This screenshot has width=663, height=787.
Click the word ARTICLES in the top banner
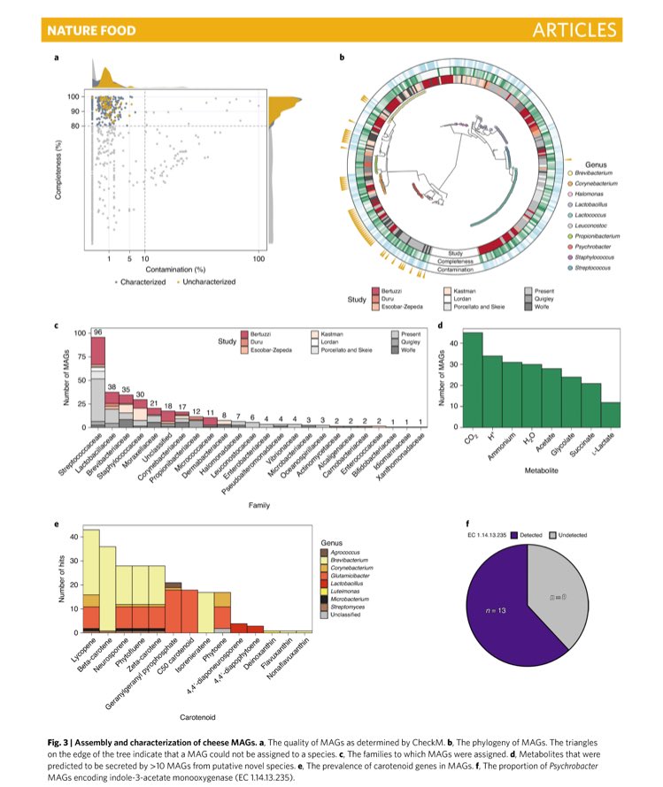click(574, 31)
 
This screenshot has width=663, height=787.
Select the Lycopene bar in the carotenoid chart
click(90, 584)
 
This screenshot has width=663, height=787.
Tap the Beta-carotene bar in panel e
click(107, 588)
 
